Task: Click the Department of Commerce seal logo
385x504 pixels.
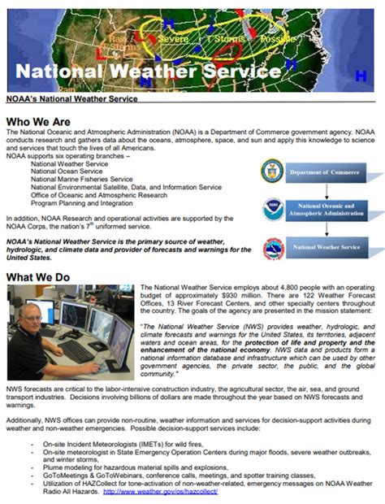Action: (x=273, y=172)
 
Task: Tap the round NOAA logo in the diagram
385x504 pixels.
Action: (x=273, y=210)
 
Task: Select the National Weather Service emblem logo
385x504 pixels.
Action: (x=273, y=247)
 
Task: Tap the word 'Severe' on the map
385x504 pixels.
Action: (x=174, y=38)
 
